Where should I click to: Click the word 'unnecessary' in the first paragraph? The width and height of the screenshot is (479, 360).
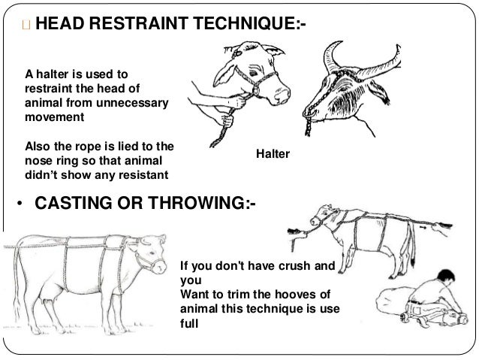[134, 104]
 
